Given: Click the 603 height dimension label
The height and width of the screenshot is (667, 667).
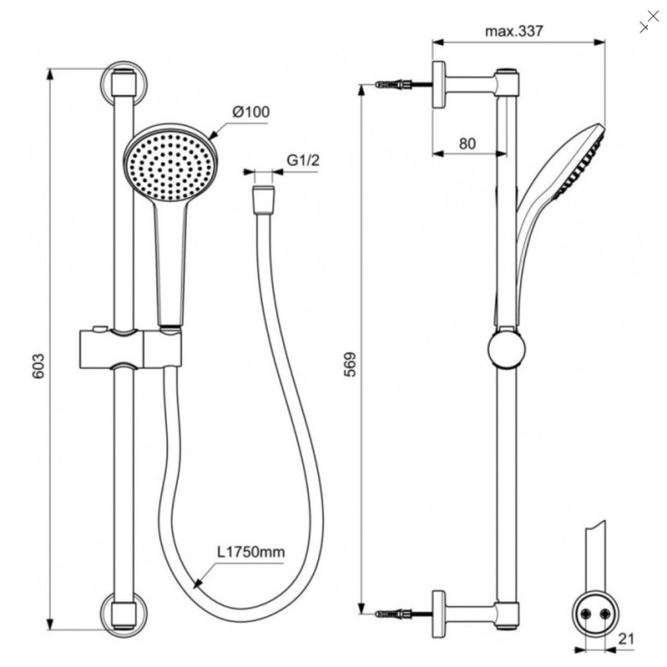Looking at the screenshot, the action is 38,365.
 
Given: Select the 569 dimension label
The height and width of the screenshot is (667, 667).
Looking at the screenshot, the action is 350,364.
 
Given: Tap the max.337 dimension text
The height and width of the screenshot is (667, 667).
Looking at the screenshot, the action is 514,31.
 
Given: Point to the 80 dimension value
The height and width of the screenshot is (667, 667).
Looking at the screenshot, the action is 468,144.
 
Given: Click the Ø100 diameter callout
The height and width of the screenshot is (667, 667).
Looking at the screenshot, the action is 251,111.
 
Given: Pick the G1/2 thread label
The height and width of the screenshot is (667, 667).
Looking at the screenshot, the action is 303,160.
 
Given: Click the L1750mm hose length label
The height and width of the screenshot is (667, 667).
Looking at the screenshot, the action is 251,552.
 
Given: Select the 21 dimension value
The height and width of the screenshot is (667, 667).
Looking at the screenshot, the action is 626,638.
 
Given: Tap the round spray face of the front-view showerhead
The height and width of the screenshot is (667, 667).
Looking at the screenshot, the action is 171,166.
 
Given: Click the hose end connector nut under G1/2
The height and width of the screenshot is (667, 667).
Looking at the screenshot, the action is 263,199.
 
